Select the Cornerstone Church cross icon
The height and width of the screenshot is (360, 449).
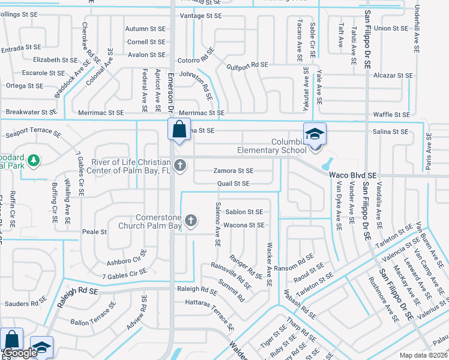coord(191,221)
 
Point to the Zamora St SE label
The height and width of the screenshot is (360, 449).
coord(234,171)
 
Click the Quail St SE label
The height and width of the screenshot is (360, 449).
coord(233,184)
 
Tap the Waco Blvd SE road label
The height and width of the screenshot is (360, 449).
coord(353,175)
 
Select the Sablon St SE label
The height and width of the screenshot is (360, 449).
coord(244,212)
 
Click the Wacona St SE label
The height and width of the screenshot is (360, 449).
coord(244,225)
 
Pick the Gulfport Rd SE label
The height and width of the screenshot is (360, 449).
coord(247,64)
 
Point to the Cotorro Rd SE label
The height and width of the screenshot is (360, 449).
coord(196,60)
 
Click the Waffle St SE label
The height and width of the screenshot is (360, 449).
coord(391,115)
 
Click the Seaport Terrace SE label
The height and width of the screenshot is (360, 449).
coord(33,134)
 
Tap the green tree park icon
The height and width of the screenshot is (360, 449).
coord(35,160)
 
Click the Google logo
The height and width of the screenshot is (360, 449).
coord(20,353)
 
